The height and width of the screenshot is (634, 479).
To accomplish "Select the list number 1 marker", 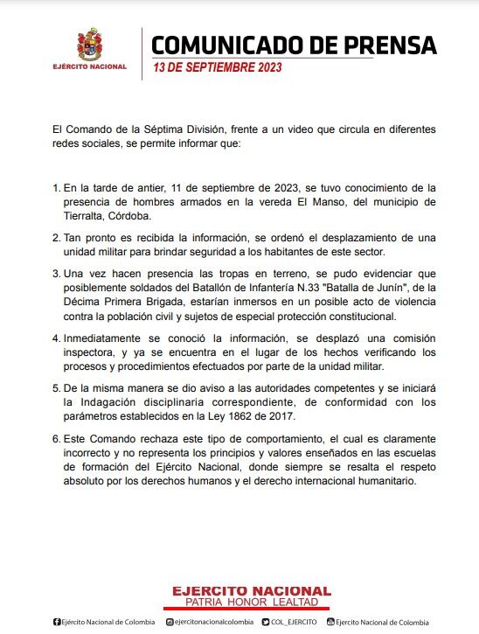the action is (x=56, y=188).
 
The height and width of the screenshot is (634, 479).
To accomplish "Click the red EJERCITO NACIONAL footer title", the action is (x=250, y=592).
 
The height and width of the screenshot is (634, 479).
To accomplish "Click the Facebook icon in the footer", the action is (x=56, y=622).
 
